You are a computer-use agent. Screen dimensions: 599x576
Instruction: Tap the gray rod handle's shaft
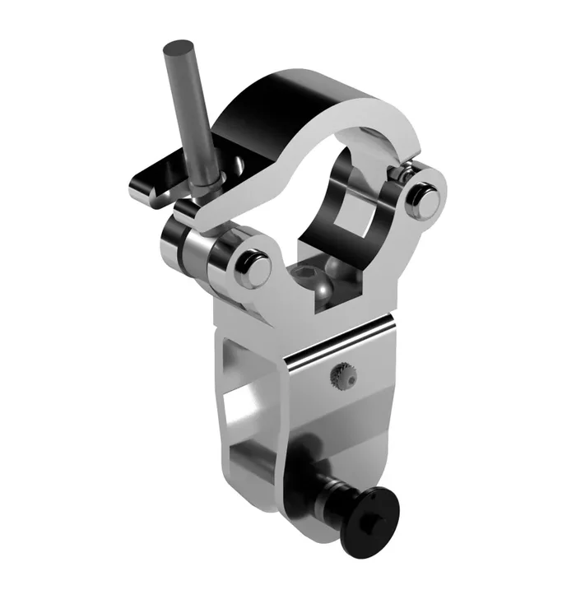[x=190, y=115]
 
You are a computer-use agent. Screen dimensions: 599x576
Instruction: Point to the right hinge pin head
[x=425, y=197]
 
